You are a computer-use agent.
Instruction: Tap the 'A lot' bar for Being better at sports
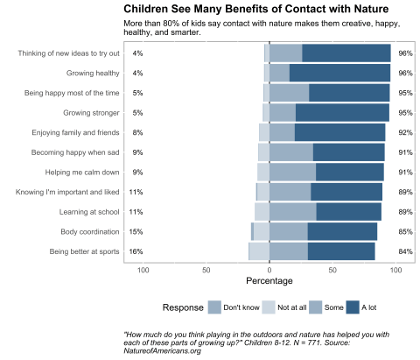[x=341, y=251]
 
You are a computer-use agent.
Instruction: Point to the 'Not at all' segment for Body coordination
[x=261, y=231]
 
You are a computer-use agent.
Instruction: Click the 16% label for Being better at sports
[x=136, y=251]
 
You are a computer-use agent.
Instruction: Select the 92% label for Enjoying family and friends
[x=404, y=132]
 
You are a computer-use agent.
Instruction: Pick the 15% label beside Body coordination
[x=136, y=232]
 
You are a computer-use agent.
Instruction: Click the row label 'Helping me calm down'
[x=82, y=172]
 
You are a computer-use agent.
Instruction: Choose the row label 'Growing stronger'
[x=92, y=113]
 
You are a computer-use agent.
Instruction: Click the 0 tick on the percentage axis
[x=269, y=270]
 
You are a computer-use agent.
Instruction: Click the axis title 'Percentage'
[x=269, y=282]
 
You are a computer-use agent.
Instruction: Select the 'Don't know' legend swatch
[x=214, y=307]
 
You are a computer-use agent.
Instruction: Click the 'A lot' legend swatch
[x=353, y=307]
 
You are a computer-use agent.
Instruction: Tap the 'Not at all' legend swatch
[x=269, y=307]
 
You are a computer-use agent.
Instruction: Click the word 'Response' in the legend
[x=182, y=307]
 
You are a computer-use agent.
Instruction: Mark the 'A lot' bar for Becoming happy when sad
[x=348, y=152]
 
